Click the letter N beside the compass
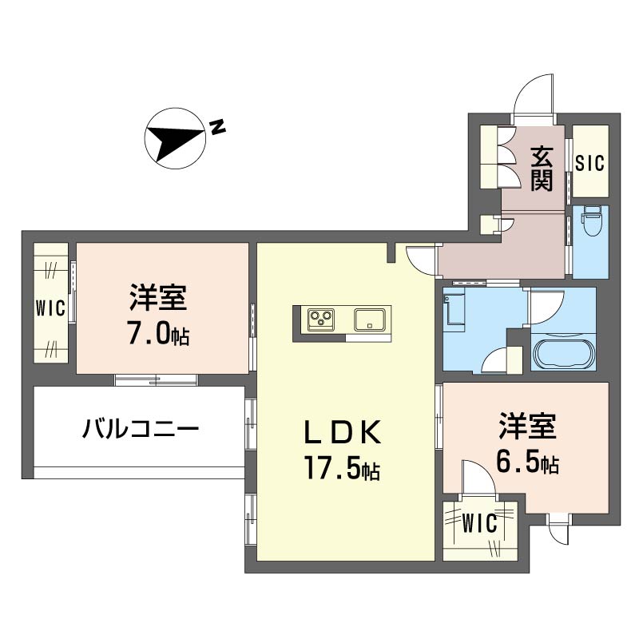(217, 127)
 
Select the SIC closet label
(589, 163)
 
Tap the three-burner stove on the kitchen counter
(321, 318)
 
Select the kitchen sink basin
(369, 319)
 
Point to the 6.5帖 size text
(527, 462)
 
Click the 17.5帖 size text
(343, 470)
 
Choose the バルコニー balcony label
(141, 429)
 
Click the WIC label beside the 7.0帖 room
(50, 308)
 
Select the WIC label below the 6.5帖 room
(480, 523)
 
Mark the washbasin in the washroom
(454, 310)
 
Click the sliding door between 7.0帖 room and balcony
(156, 379)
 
